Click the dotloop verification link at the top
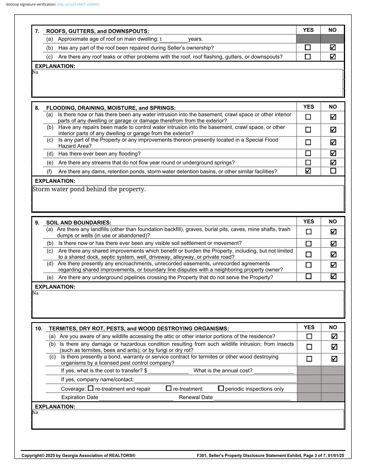tap(78, 4)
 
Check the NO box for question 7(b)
tap(333, 47)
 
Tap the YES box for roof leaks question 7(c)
tap(308, 57)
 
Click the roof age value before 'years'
tap(161, 39)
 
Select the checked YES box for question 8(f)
tap(308, 171)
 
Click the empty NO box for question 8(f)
tap(333, 171)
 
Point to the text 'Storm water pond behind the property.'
tap(89, 189)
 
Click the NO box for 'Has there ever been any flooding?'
tap(333, 153)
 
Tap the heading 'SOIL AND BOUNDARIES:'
tap(79, 223)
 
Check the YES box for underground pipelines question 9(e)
tap(309, 276)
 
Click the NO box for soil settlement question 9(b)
tap(333, 244)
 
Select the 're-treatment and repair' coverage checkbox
tap(91, 388)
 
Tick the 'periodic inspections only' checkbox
tap(221, 388)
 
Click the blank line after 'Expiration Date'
tap(136, 398)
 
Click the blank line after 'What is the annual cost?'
tap(274, 371)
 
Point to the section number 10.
tap(38, 329)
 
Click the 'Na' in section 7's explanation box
tap(35, 72)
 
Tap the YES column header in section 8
tap(309, 107)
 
